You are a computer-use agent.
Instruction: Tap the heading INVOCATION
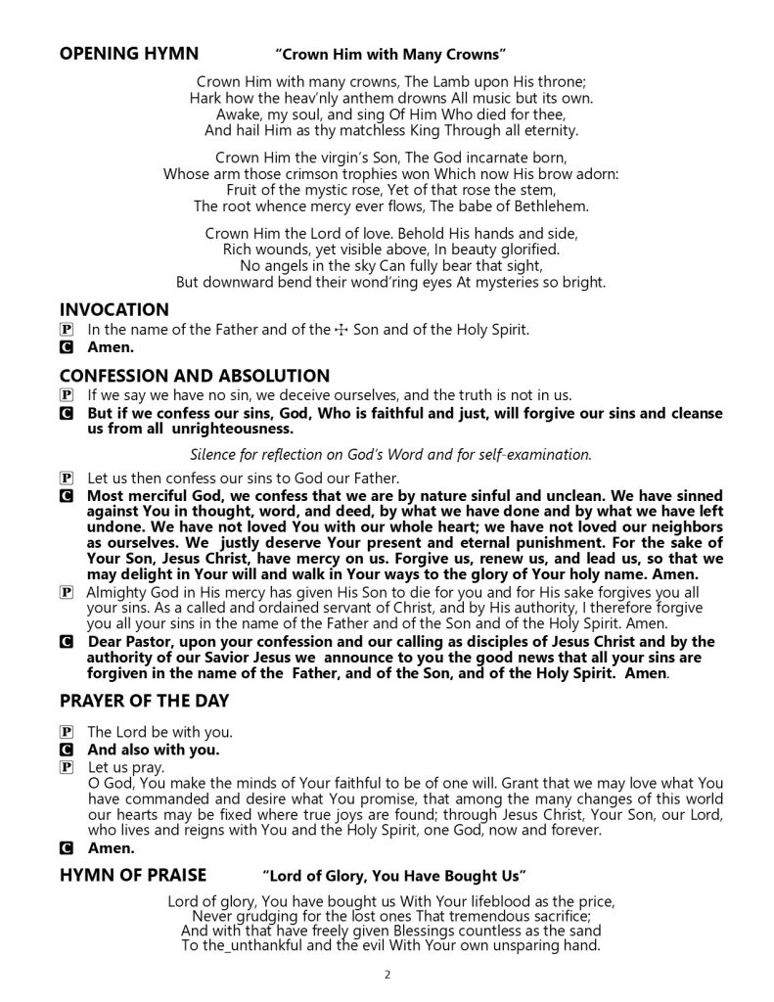coord(114,309)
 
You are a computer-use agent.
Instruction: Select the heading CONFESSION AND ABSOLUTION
coord(195,376)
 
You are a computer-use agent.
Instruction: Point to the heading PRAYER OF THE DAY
coord(145,700)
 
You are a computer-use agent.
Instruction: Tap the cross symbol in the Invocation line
coord(341,330)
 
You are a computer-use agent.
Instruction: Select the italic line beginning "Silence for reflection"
coord(390,453)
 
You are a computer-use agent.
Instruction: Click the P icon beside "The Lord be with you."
coord(66,732)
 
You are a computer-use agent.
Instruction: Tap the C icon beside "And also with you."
coord(66,751)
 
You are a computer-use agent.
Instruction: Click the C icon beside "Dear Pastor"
coord(66,642)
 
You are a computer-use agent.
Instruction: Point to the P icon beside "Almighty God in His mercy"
coord(66,593)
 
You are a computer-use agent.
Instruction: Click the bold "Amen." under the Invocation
coord(111,347)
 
